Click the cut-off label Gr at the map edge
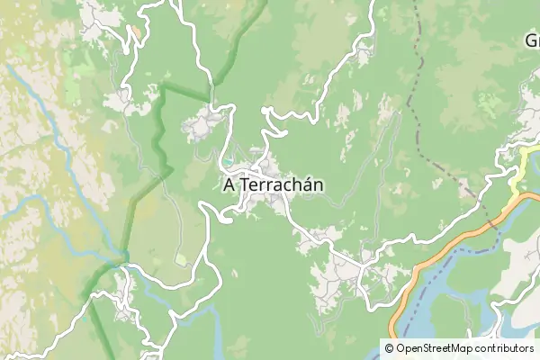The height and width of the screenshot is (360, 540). point(531,40)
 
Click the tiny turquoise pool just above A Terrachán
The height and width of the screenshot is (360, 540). point(229,162)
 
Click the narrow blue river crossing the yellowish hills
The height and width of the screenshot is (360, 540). point(45,117)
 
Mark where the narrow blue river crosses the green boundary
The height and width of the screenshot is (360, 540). point(121,260)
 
